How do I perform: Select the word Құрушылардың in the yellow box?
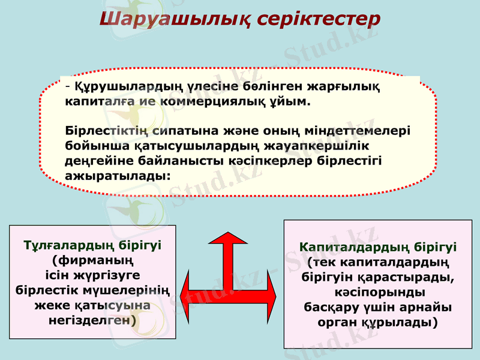pos(119,87)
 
